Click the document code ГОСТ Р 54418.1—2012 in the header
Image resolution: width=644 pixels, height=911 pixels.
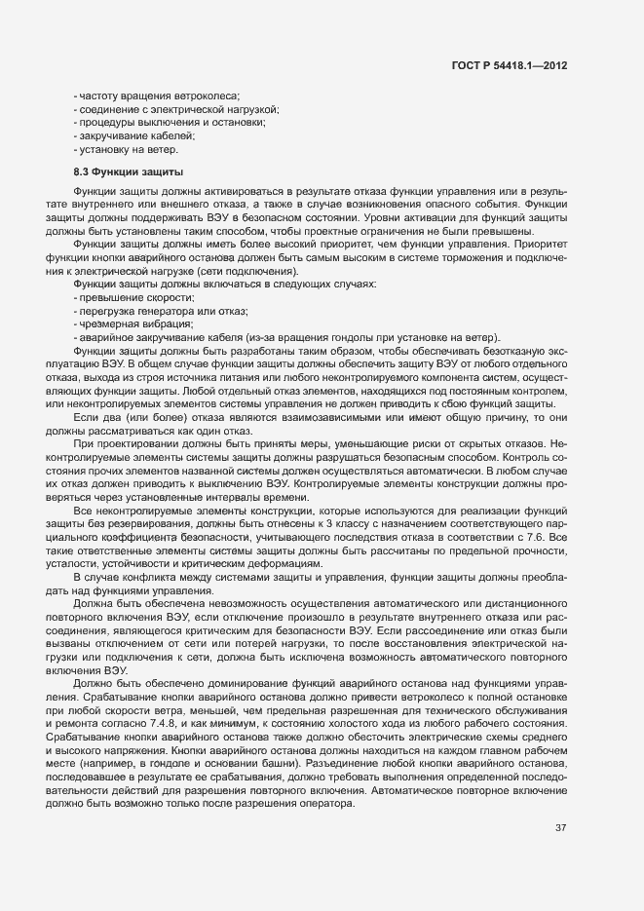coord(511,65)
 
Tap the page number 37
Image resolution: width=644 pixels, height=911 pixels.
coord(560,828)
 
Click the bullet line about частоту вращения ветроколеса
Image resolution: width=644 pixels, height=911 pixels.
coord(156,94)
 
